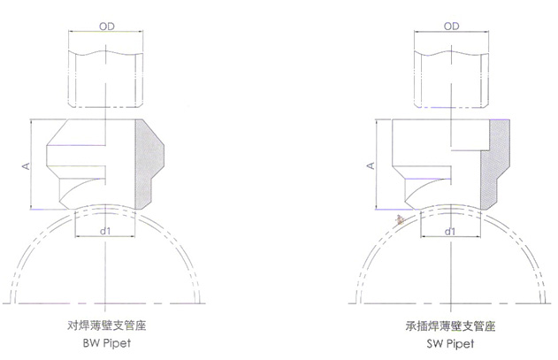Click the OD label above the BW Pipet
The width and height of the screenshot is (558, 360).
[x=105, y=27]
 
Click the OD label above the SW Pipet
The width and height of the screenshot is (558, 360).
[x=451, y=27]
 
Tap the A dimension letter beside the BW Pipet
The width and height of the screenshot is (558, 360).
[x=26, y=165]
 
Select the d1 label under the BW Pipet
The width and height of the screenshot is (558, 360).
[x=105, y=231]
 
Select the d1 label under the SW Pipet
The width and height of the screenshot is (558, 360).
[x=450, y=231]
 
